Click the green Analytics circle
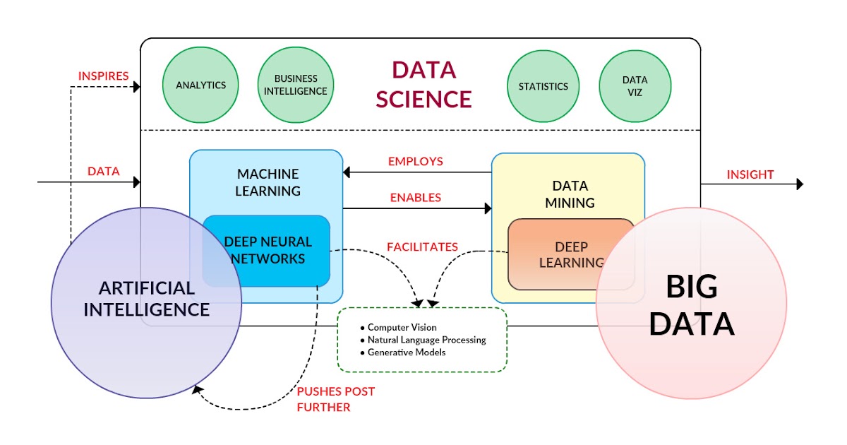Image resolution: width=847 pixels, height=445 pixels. click(201, 85)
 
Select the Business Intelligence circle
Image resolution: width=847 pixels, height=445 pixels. click(296, 85)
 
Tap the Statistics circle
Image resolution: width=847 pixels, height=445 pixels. click(543, 86)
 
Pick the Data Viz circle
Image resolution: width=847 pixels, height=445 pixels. click(635, 86)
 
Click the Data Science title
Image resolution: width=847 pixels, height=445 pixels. click(423, 85)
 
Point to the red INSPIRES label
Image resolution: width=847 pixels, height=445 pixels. click(103, 75)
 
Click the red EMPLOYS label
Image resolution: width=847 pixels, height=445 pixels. click(416, 161)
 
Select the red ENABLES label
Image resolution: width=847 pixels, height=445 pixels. click(416, 198)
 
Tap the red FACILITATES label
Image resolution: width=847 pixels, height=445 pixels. click(422, 247)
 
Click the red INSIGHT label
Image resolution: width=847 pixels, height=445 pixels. click(750, 174)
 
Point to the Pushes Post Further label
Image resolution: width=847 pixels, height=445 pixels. click(335, 399)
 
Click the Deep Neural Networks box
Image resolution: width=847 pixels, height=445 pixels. click(268, 250)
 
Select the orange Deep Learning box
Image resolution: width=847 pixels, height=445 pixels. click(571, 254)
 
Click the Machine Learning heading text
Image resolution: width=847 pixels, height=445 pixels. click(268, 182)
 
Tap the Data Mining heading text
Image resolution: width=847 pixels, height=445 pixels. click(570, 194)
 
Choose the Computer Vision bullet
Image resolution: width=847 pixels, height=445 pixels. click(402, 328)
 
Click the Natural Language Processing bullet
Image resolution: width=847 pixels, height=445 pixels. click(426, 340)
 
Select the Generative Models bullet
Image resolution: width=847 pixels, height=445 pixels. click(407, 352)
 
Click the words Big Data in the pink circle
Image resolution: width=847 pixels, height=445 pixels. click(692, 305)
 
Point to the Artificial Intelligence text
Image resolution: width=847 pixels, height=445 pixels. click(147, 299)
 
